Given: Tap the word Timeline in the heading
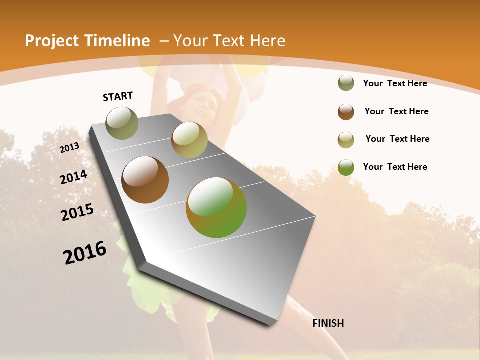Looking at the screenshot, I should click(118, 41).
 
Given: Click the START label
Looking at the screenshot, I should click(118, 96).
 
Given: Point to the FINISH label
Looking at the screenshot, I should click(328, 323).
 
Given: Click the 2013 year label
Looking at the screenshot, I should click(69, 148).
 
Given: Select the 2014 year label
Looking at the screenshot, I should click(73, 177).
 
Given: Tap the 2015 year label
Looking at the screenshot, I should click(77, 212).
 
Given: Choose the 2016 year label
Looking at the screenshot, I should click(85, 253).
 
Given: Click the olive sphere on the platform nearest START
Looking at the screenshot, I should click(122, 123).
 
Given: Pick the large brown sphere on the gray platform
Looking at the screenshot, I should click(145, 180).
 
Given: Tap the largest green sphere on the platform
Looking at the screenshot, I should click(216, 207).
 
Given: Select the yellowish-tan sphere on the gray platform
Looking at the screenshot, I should click(189, 140).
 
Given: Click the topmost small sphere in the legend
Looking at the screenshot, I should click(346, 83).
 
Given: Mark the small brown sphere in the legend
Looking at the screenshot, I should click(346, 112).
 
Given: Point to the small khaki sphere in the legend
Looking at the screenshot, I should click(346, 140).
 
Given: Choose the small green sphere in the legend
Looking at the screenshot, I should click(346, 167).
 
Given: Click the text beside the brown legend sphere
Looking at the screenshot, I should click(396, 111).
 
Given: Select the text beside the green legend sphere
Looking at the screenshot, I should click(395, 167).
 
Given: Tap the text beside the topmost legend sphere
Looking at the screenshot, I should click(395, 83).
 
